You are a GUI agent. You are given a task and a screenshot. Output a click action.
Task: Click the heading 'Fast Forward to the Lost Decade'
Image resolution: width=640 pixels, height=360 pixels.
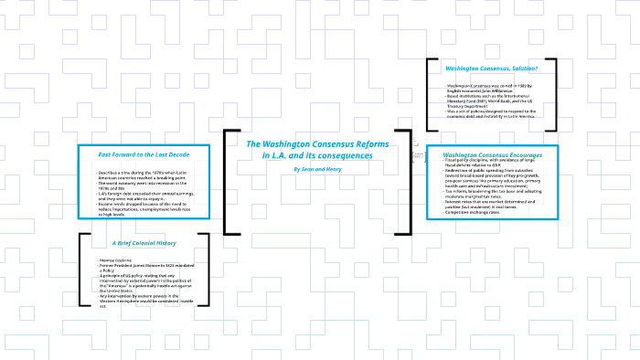[144, 154]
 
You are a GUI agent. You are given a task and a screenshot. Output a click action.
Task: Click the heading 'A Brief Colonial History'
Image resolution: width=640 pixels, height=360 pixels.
[144, 243]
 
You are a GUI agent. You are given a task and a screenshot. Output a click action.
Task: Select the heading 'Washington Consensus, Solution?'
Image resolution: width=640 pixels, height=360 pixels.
[491, 69]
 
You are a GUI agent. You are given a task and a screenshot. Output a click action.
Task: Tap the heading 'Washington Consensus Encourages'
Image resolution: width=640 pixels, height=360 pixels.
[492, 154]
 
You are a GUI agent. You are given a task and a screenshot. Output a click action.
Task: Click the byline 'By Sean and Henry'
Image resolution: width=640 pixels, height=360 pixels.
[318, 169]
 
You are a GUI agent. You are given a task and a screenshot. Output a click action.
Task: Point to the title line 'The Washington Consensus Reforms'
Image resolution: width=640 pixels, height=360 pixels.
[318, 144]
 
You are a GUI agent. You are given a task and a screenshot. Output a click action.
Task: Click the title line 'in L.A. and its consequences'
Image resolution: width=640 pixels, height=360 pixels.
[318, 155]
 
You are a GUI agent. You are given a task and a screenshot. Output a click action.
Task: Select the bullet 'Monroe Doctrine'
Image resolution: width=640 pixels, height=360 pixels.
[117, 261]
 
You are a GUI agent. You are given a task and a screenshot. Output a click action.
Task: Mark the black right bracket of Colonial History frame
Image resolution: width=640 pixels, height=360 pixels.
[207, 269]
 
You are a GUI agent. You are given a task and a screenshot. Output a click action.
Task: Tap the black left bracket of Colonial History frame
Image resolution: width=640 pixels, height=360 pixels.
[81, 269]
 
